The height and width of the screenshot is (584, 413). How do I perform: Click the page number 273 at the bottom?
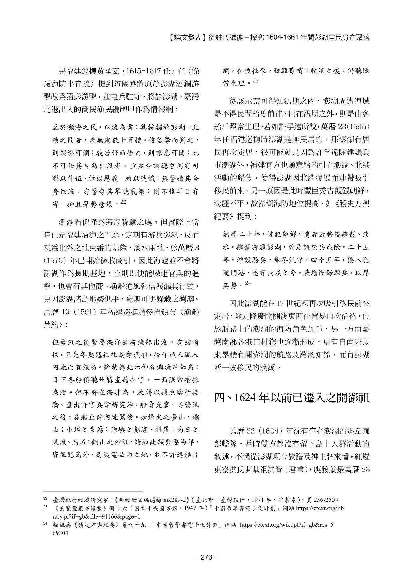coord(206,557)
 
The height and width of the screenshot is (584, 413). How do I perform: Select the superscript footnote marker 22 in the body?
coord(123,202)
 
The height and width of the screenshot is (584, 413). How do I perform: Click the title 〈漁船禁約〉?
coord(121,319)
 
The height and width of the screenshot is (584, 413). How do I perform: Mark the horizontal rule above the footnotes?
coord(93,491)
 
